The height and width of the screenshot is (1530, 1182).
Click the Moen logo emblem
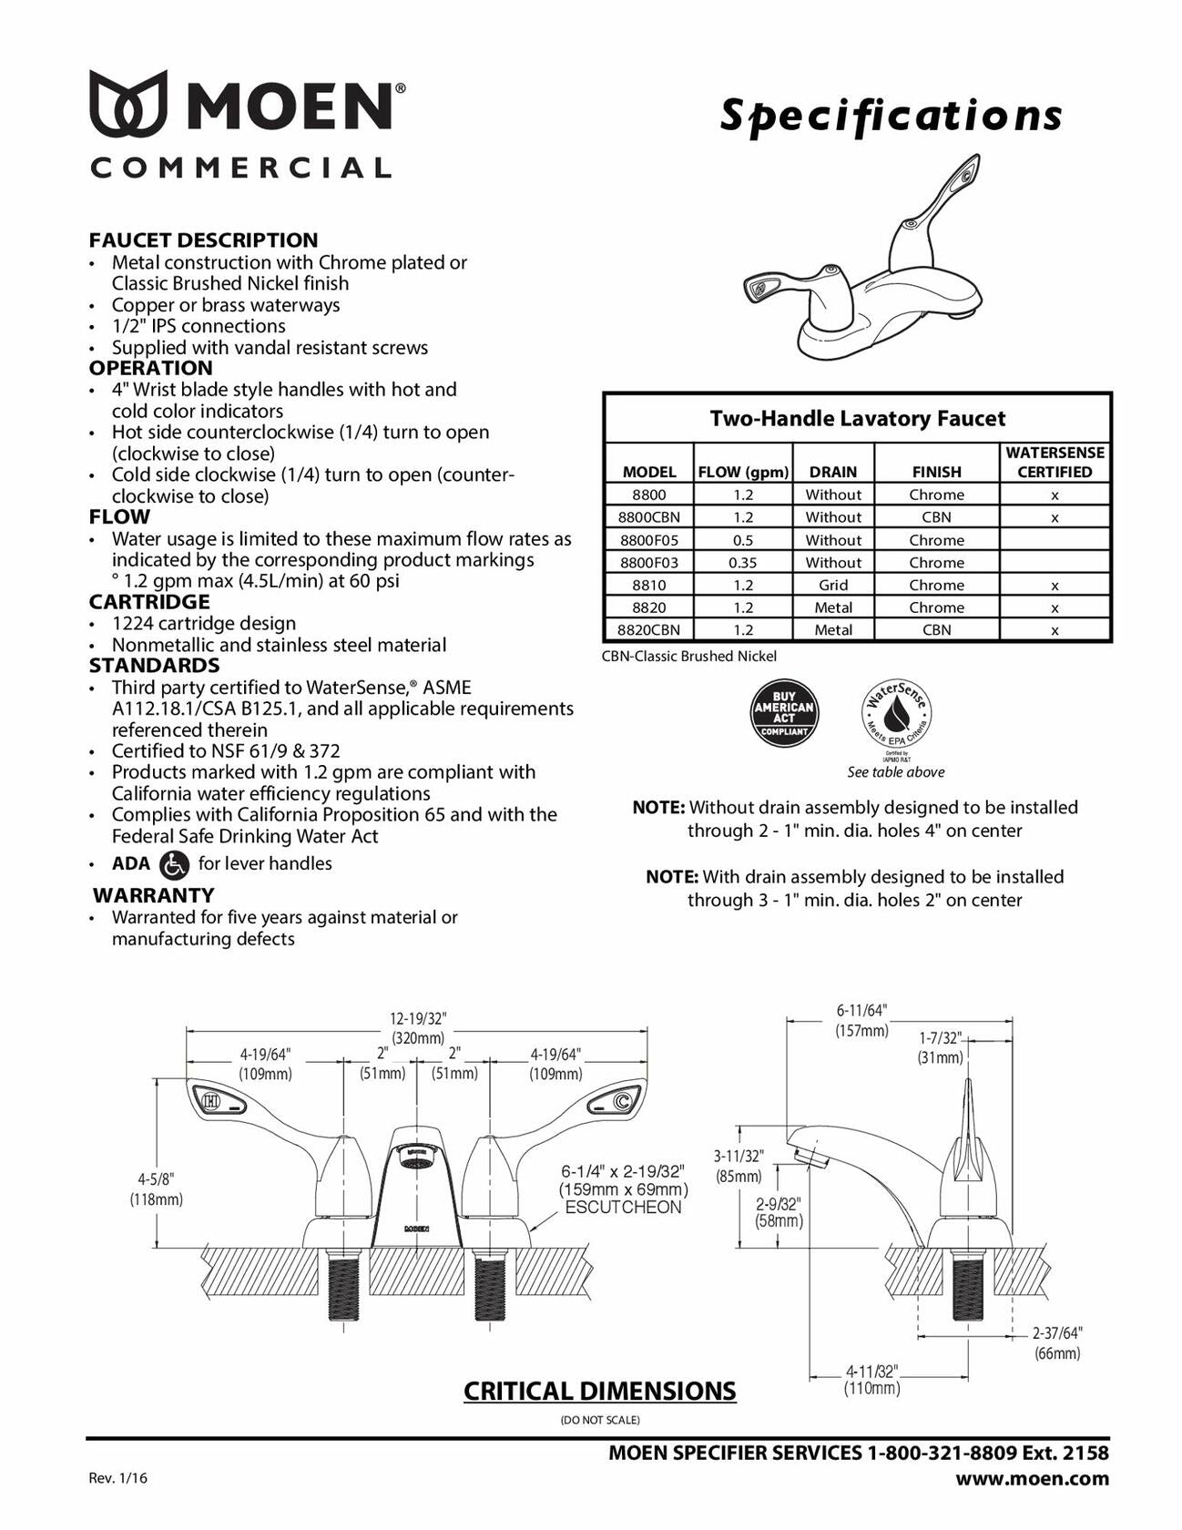tap(127, 103)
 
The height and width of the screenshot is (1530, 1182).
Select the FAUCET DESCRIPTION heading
tap(203, 240)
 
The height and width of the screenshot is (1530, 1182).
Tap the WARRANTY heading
tap(154, 894)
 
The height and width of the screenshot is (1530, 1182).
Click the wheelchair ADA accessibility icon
tap(174, 863)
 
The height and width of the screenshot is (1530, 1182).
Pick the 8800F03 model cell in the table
tap(648, 563)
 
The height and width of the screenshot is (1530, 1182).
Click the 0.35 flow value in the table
tap(742, 563)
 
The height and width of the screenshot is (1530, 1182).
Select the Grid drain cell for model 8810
tap(832, 585)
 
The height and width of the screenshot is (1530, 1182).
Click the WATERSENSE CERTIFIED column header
tap(1055, 462)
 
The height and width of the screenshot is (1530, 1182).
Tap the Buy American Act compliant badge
tap(784, 712)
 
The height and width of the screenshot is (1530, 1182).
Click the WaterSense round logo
tap(896, 714)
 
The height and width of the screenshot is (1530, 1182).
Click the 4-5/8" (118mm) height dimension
tap(156, 1188)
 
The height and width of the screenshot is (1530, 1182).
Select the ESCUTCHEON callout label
tap(623, 1208)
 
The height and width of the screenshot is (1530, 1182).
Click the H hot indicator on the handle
tap(210, 1100)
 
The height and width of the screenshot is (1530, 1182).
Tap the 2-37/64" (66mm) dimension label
tap(1056, 1342)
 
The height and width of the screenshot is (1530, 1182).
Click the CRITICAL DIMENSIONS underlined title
tap(599, 1391)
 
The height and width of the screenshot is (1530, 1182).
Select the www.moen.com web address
tap(1032, 1477)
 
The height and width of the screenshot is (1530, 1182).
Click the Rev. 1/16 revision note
tap(117, 1477)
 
